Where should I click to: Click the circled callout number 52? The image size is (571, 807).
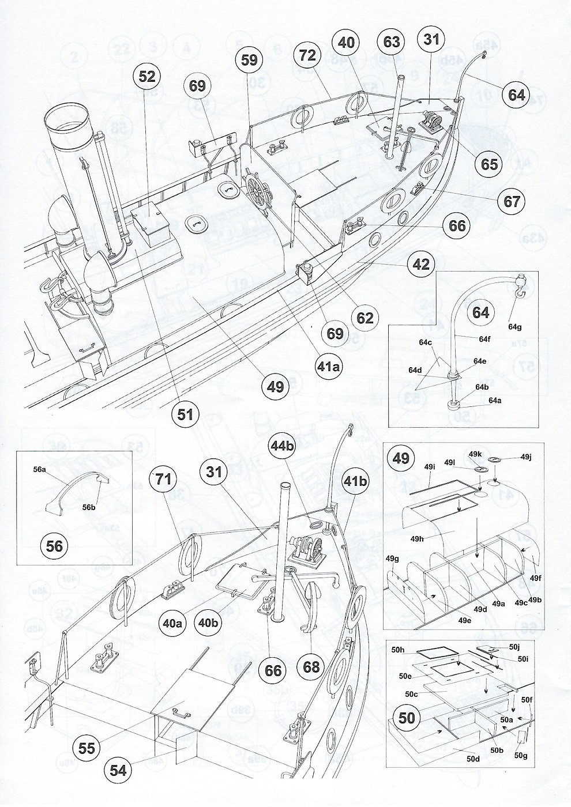[x=146, y=76]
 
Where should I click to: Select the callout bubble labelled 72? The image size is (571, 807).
[x=307, y=56]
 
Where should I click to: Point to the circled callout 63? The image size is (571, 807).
[x=392, y=42]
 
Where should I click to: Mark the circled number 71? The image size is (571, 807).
[x=162, y=480]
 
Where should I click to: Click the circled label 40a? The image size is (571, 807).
[x=173, y=623]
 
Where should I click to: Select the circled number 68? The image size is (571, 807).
[x=311, y=667]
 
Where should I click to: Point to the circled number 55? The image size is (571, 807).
[x=88, y=747]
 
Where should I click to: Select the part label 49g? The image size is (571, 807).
[x=392, y=559]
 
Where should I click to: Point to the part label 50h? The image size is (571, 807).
[x=397, y=650]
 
